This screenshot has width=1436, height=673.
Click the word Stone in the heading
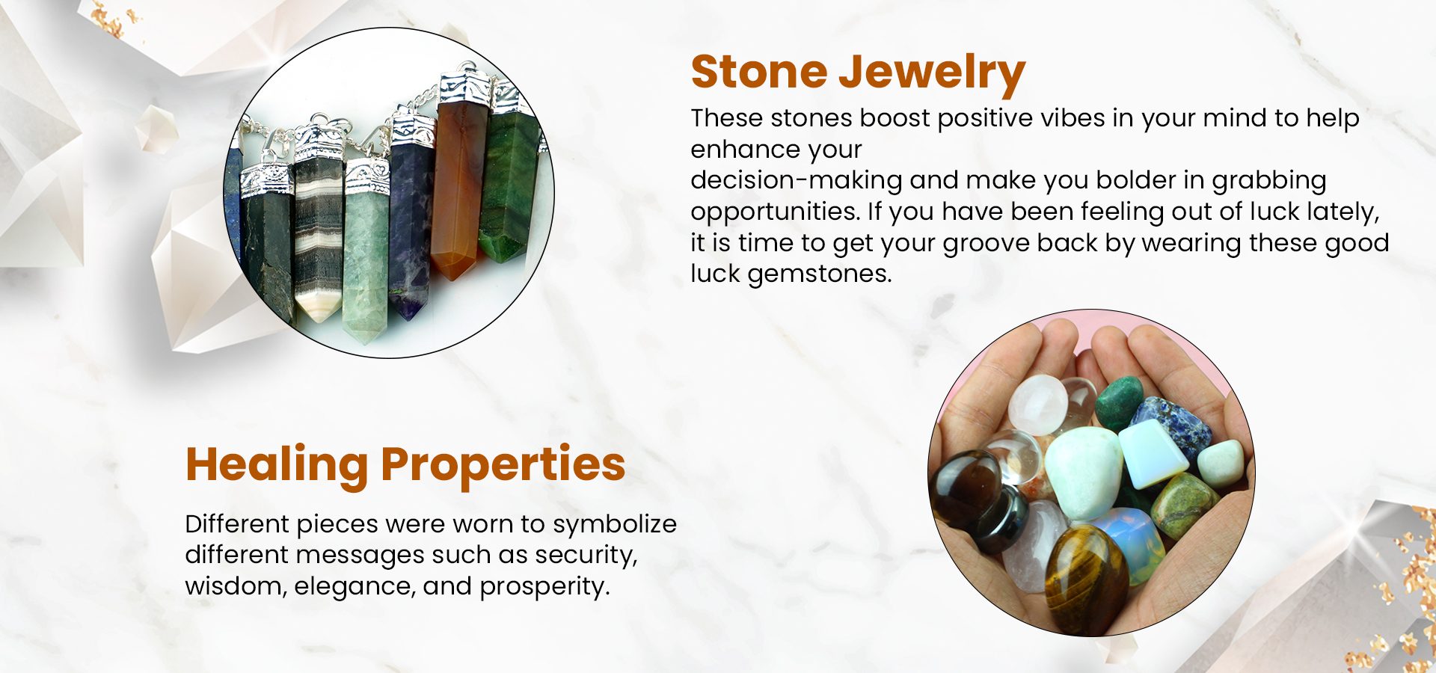758,72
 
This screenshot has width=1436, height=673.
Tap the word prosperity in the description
544,587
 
